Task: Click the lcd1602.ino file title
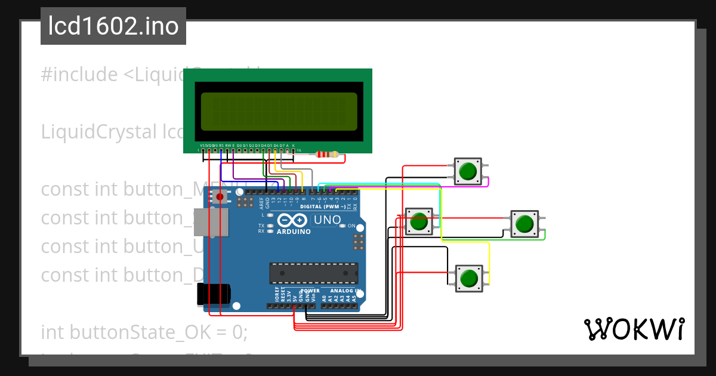click(113, 26)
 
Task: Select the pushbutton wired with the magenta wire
click(468, 171)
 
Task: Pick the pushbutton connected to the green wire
click(524, 224)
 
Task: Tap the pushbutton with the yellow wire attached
click(468, 278)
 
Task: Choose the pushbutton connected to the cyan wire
click(419, 222)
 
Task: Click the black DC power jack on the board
click(214, 294)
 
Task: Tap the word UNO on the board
click(327, 220)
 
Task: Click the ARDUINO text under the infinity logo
click(294, 232)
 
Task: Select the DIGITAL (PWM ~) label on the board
click(322, 207)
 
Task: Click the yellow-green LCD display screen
click(279, 112)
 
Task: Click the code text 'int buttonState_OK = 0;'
click(143, 332)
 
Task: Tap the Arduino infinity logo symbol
click(294, 220)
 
